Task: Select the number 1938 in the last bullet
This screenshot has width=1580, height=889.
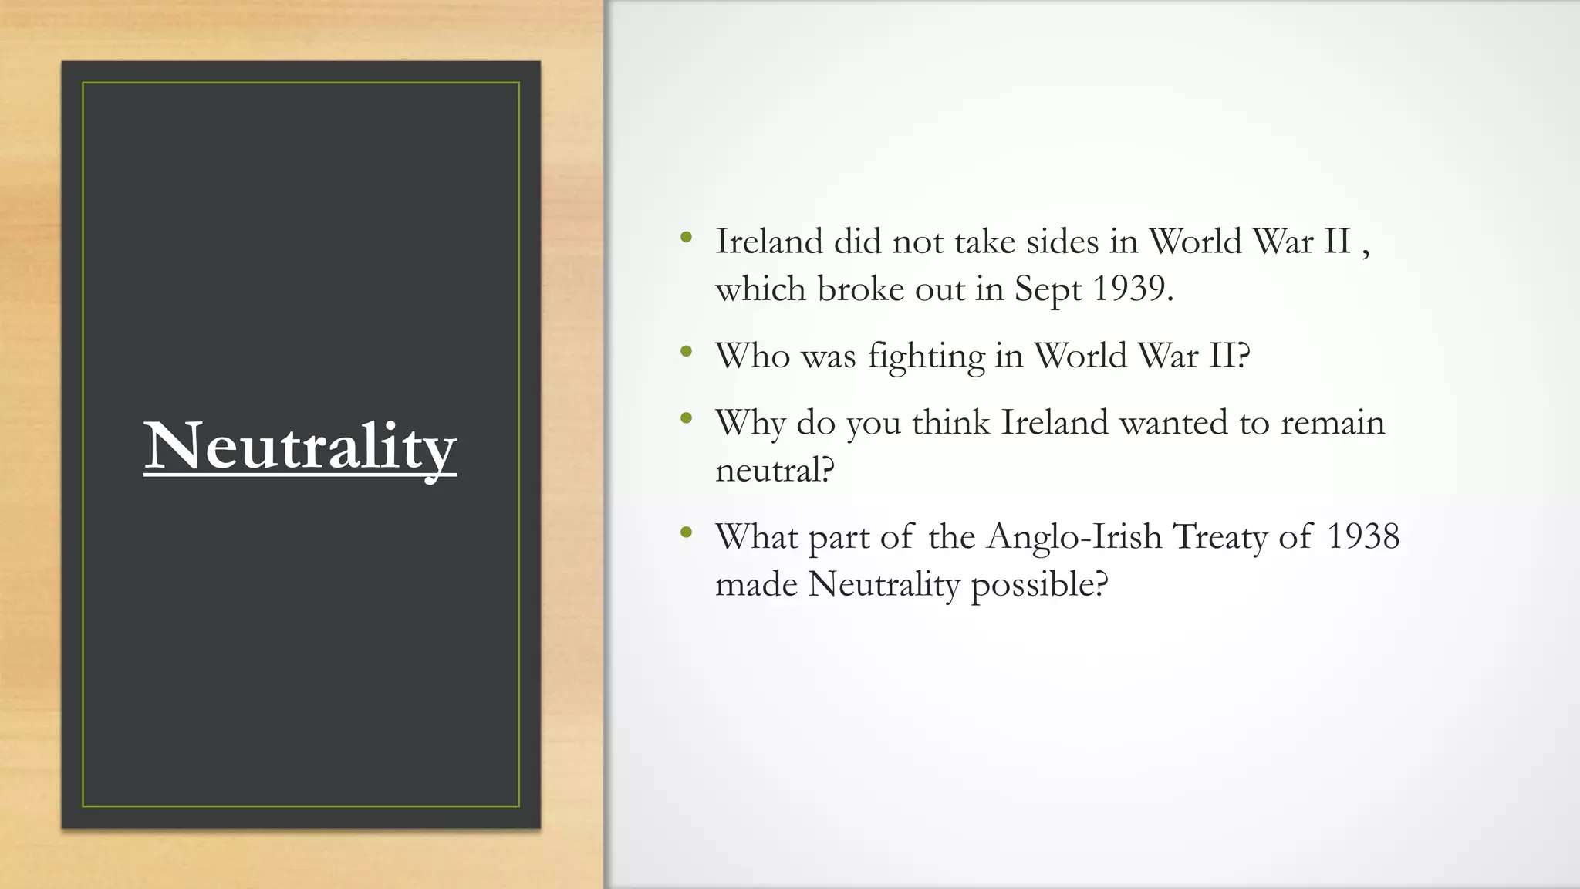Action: (1362, 536)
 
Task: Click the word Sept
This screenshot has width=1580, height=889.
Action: (1048, 291)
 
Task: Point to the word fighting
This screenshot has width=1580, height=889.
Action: (926, 357)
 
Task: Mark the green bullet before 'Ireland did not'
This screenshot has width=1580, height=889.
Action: (686, 238)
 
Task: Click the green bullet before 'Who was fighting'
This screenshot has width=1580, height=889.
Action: (686, 353)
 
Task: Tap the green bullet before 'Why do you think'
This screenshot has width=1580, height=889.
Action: (686, 419)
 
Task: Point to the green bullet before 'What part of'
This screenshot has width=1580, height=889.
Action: (686, 532)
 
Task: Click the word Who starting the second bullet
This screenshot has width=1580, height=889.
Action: (752, 357)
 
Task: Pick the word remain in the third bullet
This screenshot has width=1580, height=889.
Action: (1332, 423)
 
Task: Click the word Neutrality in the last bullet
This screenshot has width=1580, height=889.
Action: (883, 585)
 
